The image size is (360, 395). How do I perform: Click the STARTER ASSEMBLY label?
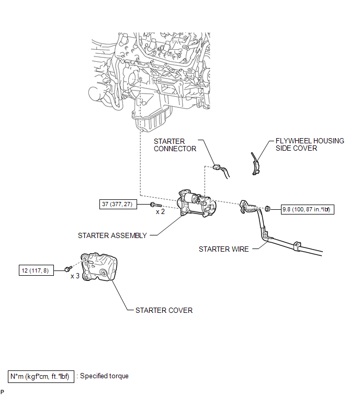(113, 235)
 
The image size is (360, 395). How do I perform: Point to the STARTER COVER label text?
(164, 310)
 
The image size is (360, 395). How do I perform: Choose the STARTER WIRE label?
(223, 249)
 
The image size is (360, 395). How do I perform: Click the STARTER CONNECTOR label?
(175, 145)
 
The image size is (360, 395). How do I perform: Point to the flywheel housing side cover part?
(255, 164)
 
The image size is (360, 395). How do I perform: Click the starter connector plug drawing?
(219, 168)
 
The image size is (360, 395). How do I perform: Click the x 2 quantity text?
(161, 212)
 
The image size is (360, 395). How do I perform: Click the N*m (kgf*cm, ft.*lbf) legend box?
(41, 376)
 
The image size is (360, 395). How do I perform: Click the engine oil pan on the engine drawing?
(152, 120)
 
